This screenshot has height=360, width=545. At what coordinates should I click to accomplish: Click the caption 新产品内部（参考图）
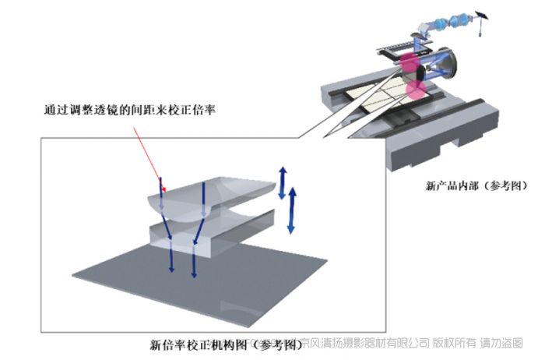(476, 186)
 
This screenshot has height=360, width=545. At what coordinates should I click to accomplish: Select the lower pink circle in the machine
(417, 90)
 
